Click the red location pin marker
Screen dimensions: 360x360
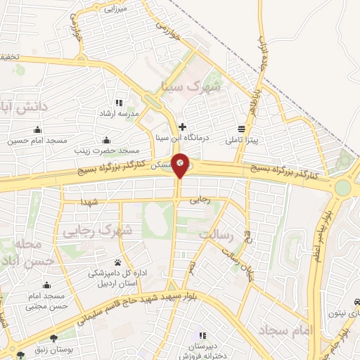click(181, 164)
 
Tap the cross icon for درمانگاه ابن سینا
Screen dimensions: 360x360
click(182, 127)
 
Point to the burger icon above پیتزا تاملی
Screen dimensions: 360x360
click(241, 129)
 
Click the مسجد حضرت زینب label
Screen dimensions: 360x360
click(110, 150)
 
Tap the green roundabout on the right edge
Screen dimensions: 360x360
click(342, 187)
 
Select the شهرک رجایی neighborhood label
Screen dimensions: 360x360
click(97, 230)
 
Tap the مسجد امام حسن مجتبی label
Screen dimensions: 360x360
click(46, 301)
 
